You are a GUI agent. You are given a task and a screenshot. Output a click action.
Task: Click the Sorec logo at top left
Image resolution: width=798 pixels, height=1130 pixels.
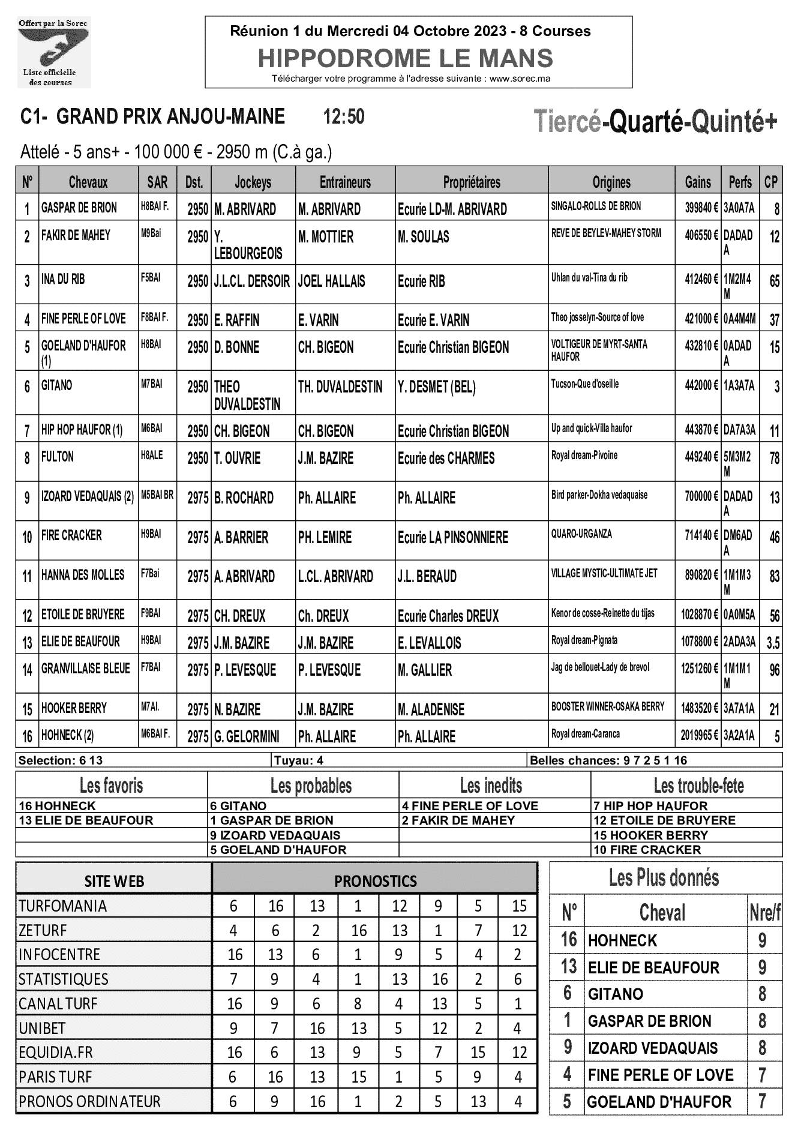(53, 52)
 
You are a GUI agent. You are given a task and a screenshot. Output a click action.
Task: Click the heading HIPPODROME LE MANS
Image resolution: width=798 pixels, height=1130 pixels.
(405, 58)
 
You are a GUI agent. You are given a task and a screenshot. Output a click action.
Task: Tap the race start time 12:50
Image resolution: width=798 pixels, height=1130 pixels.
(344, 116)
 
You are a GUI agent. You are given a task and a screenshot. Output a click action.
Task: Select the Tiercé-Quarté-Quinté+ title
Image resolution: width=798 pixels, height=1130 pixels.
(655, 122)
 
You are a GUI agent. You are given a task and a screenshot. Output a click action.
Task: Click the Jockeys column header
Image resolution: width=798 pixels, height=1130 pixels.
(253, 182)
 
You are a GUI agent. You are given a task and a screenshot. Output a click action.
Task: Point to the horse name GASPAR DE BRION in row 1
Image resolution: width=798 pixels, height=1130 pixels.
(79, 208)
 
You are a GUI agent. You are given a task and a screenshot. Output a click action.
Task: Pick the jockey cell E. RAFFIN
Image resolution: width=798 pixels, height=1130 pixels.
(237, 320)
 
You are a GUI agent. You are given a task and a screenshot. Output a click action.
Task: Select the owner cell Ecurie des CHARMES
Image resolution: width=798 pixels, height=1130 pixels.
(446, 458)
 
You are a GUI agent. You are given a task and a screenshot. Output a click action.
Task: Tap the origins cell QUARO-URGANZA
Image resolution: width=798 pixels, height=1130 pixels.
(581, 534)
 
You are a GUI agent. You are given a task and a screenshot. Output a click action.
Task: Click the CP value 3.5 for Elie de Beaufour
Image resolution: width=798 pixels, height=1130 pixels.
(773, 643)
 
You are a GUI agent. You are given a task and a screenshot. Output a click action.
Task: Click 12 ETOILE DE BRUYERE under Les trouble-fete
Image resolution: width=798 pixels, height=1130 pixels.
(664, 820)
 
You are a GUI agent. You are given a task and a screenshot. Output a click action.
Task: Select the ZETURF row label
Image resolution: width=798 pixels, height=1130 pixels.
(43, 930)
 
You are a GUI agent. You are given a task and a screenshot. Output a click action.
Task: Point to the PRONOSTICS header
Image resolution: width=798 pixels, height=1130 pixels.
(375, 881)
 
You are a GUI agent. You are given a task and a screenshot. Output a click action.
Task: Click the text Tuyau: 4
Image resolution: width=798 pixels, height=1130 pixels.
(299, 760)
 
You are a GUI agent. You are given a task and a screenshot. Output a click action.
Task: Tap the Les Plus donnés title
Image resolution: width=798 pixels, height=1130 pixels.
(664, 878)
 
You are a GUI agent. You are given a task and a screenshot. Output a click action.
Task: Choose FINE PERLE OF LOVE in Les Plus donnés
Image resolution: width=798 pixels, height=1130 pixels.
(661, 1075)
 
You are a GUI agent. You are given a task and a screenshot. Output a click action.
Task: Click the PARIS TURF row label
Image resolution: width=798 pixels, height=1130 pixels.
(55, 1077)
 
